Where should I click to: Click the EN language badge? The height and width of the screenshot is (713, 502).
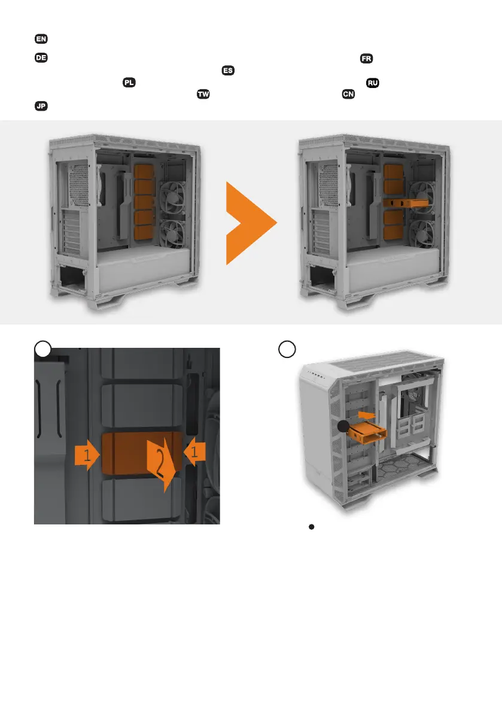point(41,39)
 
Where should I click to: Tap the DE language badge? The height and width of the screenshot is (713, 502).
point(41,57)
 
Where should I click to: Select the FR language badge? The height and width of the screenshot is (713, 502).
point(366,59)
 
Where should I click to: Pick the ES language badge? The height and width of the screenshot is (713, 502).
point(228,71)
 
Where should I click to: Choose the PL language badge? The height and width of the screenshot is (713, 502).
point(129,82)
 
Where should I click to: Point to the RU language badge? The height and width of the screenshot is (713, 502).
point(373,83)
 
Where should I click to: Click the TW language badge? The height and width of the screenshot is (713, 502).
point(203,94)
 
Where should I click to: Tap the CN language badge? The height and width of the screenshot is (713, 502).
point(348,94)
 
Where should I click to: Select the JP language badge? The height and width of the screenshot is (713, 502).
point(41,106)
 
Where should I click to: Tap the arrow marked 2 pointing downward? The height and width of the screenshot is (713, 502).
point(162,465)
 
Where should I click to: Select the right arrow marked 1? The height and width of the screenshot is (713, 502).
point(194,452)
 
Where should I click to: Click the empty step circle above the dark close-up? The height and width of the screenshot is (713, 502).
point(42,349)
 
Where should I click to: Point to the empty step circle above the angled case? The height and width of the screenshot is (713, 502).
point(287,349)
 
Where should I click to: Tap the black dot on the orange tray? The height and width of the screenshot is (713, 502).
point(343,426)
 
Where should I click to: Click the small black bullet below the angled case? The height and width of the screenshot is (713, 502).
point(312,527)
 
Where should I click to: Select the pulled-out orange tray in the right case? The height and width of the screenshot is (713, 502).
point(406,203)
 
